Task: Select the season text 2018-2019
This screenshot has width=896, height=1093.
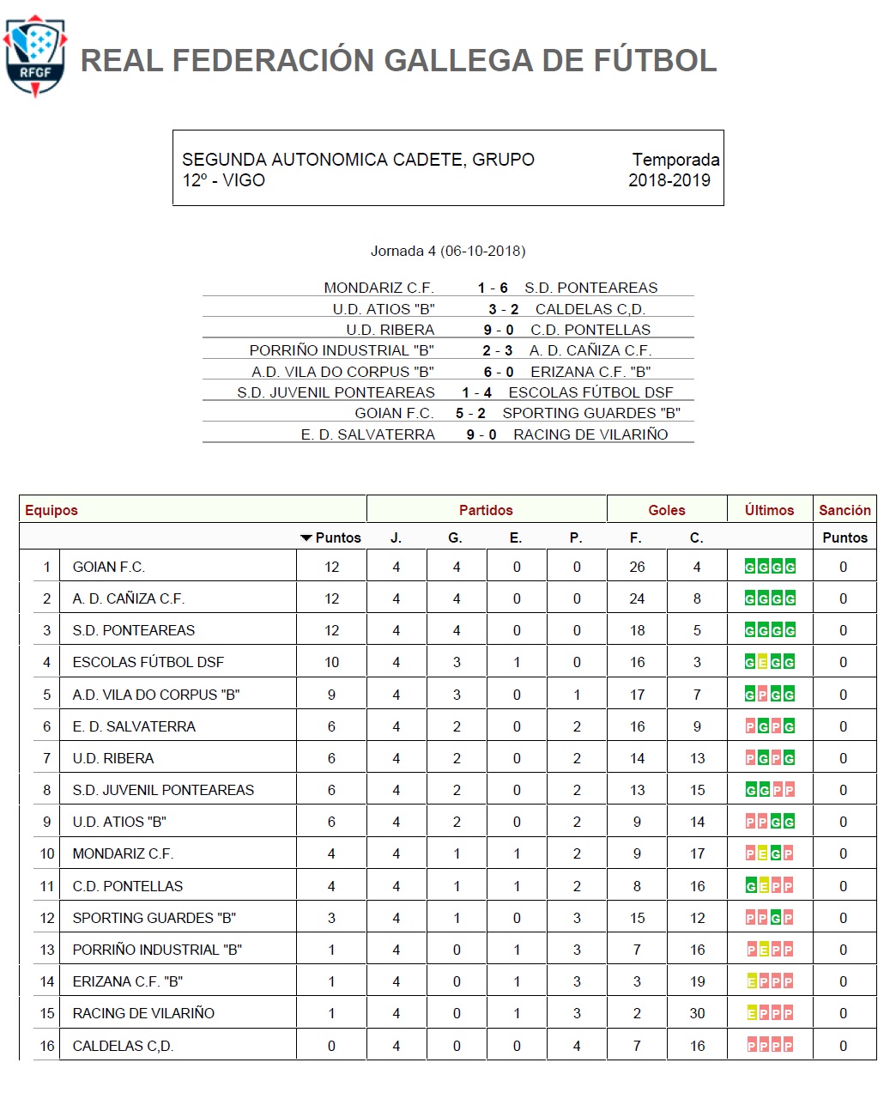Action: pos(669,180)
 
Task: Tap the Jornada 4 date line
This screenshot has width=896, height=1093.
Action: pos(448,251)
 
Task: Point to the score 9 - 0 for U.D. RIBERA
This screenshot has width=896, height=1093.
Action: pos(498,330)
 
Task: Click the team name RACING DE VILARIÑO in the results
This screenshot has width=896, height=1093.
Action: pos(590,434)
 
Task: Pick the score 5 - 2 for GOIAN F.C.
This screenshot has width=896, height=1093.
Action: pos(470,413)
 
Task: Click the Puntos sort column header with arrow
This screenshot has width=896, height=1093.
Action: pos(331,537)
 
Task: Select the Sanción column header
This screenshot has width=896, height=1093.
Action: pos(845,510)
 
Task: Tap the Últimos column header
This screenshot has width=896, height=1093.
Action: pos(769,510)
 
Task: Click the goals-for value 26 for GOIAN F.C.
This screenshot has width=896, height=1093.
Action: pos(637,567)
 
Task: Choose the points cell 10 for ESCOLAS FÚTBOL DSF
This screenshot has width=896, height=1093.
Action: pos(331,662)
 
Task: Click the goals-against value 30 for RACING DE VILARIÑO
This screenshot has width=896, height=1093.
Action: pos(697,1013)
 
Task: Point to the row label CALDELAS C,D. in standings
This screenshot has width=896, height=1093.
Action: pos(123,1046)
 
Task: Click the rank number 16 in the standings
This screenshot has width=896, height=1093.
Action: pos(47,1046)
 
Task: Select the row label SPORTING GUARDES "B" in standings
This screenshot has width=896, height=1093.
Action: pos(154,918)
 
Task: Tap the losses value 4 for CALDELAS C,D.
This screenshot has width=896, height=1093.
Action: pos(577,1046)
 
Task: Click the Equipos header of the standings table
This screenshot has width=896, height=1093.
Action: pos(51,510)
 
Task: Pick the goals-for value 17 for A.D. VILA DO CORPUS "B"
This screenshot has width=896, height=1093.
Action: pos(637,695)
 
